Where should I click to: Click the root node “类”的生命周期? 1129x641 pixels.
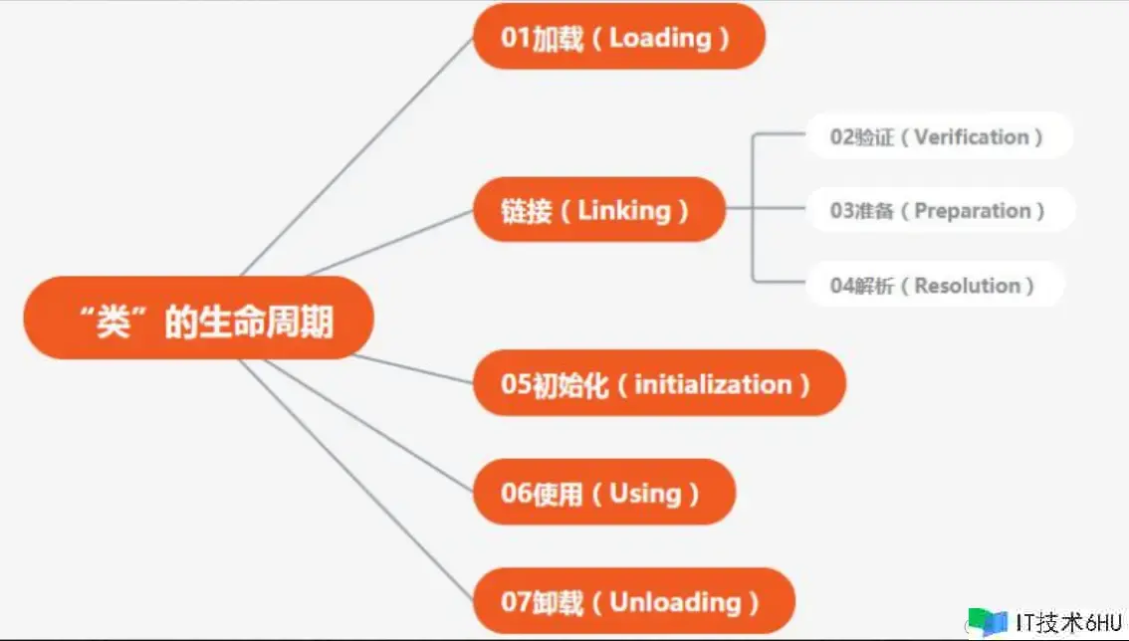[x=199, y=318]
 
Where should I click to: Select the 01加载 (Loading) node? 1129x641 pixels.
[x=619, y=36]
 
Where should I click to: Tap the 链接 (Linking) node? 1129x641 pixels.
[x=599, y=210]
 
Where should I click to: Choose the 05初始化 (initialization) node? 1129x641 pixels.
[x=659, y=383]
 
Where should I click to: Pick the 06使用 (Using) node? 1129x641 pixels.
[x=604, y=492]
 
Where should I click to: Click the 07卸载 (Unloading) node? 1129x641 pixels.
[x=633, y=600]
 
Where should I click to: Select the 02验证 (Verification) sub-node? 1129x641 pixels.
[x=940, y=136]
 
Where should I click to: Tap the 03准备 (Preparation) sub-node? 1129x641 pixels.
[x=941, y=210]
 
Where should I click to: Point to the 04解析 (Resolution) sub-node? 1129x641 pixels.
[x=935, y=285]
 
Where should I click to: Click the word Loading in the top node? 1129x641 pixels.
[x=660, y=38]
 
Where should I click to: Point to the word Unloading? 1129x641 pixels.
[x=675, y=602]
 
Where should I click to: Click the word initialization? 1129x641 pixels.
[x=713, y=384]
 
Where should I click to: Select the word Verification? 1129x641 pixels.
[x=972, y=136]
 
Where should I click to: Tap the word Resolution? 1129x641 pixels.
[x=967, y=286]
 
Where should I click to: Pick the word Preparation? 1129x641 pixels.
[x=972, y=210]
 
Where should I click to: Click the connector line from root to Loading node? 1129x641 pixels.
[x=357, y=156]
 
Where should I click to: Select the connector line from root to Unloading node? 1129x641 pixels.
[x=356, y=480]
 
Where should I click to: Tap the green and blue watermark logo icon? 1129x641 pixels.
[x=988, y=621]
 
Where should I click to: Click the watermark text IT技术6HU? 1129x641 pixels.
[x=1068, y=622]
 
